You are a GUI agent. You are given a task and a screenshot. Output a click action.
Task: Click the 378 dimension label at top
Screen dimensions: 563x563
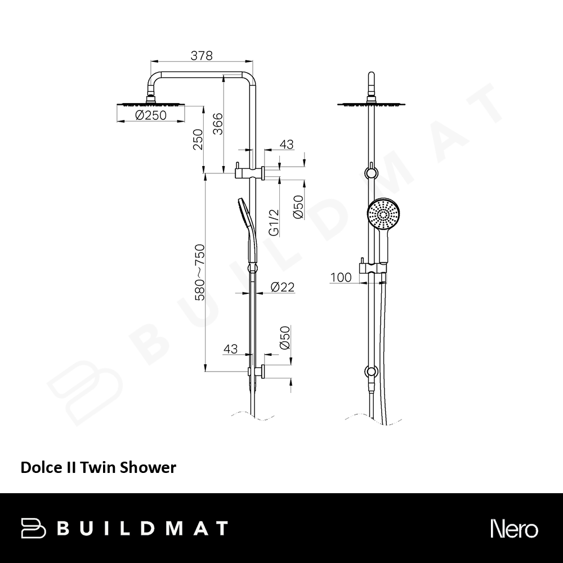click(202, 56)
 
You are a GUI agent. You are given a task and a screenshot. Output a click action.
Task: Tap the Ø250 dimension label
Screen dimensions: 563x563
click(151, 115)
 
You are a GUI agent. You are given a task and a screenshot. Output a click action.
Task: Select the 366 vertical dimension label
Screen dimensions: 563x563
click(217, 124)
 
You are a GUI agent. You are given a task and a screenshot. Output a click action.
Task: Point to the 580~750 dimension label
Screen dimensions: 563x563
click(199, 272)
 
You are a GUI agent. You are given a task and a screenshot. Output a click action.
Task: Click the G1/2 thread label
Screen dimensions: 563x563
click(274, 223)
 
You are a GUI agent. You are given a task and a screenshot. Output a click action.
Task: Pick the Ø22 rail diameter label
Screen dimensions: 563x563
click(283, 287)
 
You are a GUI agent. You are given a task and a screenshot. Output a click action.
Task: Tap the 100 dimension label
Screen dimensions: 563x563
click(341, 278)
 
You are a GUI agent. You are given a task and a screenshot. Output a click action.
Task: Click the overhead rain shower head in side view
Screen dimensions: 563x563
click(150, 105)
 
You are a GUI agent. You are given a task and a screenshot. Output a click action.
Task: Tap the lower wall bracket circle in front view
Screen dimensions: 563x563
click(371, 372)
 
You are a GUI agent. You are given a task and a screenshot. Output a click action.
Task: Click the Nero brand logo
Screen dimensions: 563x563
click(514, 529)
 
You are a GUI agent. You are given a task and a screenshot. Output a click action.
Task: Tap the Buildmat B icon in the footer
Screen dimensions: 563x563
click(33, 528)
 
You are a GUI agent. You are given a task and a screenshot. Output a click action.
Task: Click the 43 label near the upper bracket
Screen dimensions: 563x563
click(287, 144)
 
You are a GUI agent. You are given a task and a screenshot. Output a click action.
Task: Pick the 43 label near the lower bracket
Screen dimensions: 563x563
click(230, 348)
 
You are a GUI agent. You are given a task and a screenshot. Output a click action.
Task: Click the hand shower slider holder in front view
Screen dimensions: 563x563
click(373, 268)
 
